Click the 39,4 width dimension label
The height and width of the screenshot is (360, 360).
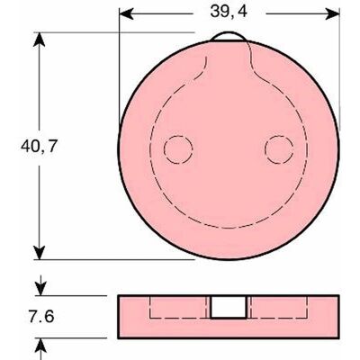pyautogui.click(x=229, y=12)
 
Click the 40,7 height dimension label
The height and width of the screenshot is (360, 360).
pyautogui.click(x=39, y=147)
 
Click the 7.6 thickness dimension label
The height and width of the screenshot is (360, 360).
pyautogui.click(x=41, y=317)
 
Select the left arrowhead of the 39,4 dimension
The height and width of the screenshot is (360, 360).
pyautogui.click(x=127, y=13)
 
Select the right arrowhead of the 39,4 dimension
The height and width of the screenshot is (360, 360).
pyautogui.click(x=332, y=13)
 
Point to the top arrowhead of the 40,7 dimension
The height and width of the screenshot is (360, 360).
pyautogui.click(x=39, y=40)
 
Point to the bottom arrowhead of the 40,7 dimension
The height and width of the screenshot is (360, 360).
pyautogui.click(x=39, y=253)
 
